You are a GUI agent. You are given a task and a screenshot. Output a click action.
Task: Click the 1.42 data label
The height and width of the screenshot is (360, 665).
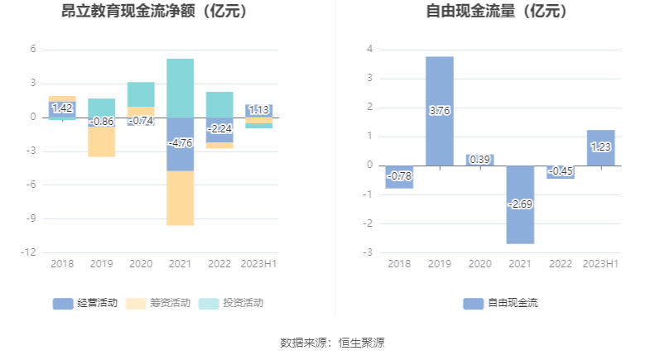tap(62, 108)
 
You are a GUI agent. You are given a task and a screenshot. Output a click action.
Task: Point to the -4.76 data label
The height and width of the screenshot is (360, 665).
tap(181, 143)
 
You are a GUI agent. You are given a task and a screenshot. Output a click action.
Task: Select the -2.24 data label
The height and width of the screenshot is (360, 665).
tap(219, 128)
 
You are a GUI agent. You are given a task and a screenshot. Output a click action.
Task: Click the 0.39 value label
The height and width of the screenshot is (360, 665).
tap(479, 160)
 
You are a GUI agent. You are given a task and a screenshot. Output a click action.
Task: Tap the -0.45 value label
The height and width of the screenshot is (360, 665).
tap(561, 171)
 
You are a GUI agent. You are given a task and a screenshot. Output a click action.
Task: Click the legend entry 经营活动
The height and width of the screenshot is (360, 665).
tap(86, 303)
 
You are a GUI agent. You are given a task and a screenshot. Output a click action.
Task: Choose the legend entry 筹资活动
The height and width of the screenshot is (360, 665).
tap(159, 303)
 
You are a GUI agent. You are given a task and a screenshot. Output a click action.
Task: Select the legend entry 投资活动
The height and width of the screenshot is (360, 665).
tap(232, 303)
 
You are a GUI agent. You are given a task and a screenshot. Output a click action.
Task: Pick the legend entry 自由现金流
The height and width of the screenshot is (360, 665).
tap(501, 303)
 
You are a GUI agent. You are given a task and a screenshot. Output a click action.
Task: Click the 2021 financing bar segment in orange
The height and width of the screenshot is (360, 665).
tap(181, 199)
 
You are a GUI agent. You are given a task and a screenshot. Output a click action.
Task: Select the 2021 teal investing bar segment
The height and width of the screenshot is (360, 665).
tap(181, 88)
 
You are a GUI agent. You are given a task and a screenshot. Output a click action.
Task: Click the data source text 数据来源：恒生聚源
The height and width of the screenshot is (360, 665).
tap(332, 342)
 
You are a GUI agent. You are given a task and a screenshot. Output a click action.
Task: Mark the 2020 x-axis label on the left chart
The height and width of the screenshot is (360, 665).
tap(141, 263)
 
